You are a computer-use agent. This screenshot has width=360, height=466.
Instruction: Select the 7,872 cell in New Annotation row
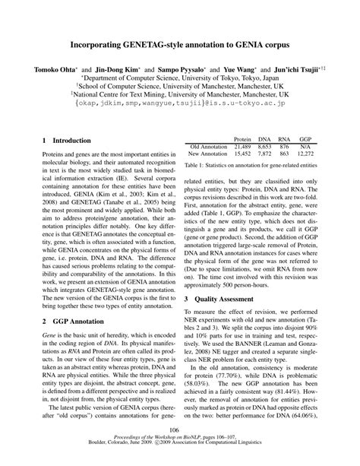click(264, 153)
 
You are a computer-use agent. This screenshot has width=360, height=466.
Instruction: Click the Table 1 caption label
click(197, 164)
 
